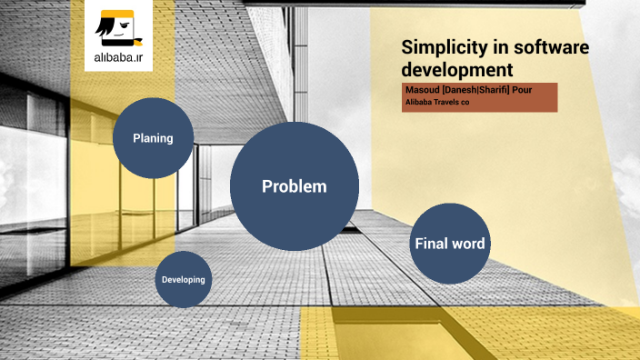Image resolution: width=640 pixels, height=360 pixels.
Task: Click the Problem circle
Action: pos(294,186)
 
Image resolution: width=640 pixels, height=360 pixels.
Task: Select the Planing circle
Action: pos(153,138)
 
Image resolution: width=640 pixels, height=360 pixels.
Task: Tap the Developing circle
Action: pos(184,280)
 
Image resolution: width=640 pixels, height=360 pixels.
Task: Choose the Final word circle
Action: pos(449,244)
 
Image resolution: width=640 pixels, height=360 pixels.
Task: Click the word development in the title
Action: pos(457,69)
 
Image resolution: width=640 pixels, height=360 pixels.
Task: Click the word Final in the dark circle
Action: pos(431,244)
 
